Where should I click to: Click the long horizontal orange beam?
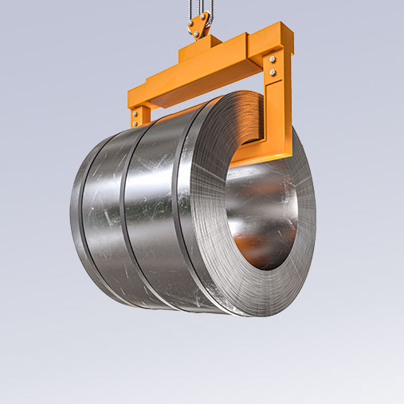pos(191,80)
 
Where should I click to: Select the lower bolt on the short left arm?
pos(135,120)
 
